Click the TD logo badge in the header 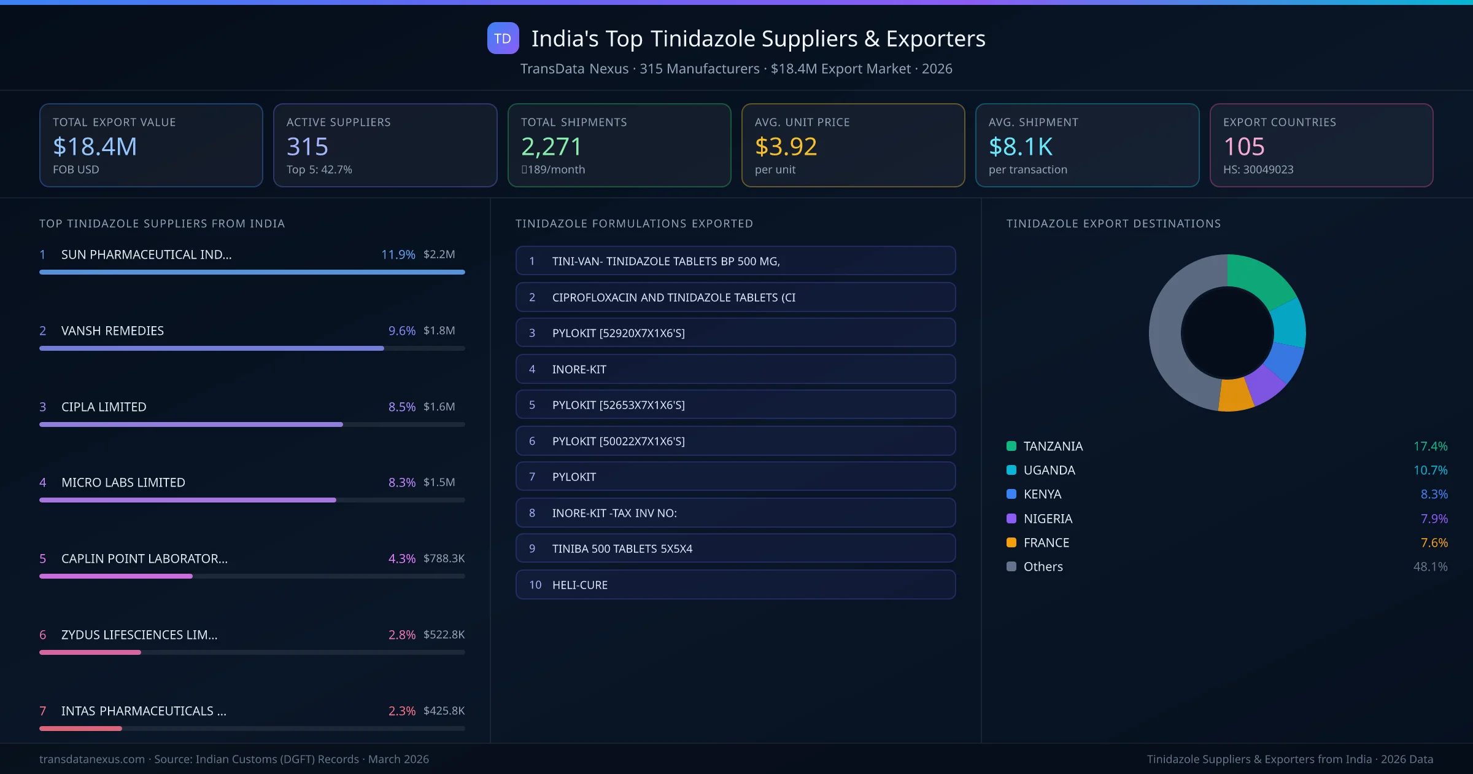[x=503, y=38]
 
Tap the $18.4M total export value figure [x=95, y=146]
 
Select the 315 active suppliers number [x=307, y=146]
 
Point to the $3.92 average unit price [x=786, y=146]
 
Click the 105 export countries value [x=1244, y=146]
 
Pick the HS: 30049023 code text [x=1258, y=170]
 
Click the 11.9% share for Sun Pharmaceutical [x=398, y=254]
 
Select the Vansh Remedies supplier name [x=112, y=330]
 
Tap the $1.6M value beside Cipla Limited [x=439, y=407]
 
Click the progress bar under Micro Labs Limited [x=188, y=500]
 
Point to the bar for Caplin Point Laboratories [x=116, y=576]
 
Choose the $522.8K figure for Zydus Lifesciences [x=444, y=635]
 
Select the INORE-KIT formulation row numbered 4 [x=735, y=369]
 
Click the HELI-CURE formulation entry [x=735, y=585]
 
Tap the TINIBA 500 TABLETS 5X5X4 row [x=735, y=549]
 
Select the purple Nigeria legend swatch [x=1011, y=518]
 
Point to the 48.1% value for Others [x=1430, y=566]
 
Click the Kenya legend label [x=1042, y=494]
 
